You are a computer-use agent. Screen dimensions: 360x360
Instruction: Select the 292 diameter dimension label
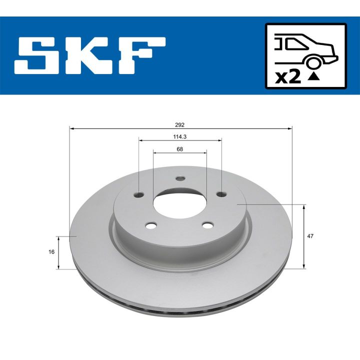180,125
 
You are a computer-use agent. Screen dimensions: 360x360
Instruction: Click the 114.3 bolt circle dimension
180,137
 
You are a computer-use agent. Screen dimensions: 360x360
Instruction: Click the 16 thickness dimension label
51,252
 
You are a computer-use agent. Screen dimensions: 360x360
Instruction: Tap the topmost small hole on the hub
180,179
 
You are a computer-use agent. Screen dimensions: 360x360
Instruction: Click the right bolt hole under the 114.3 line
220,194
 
